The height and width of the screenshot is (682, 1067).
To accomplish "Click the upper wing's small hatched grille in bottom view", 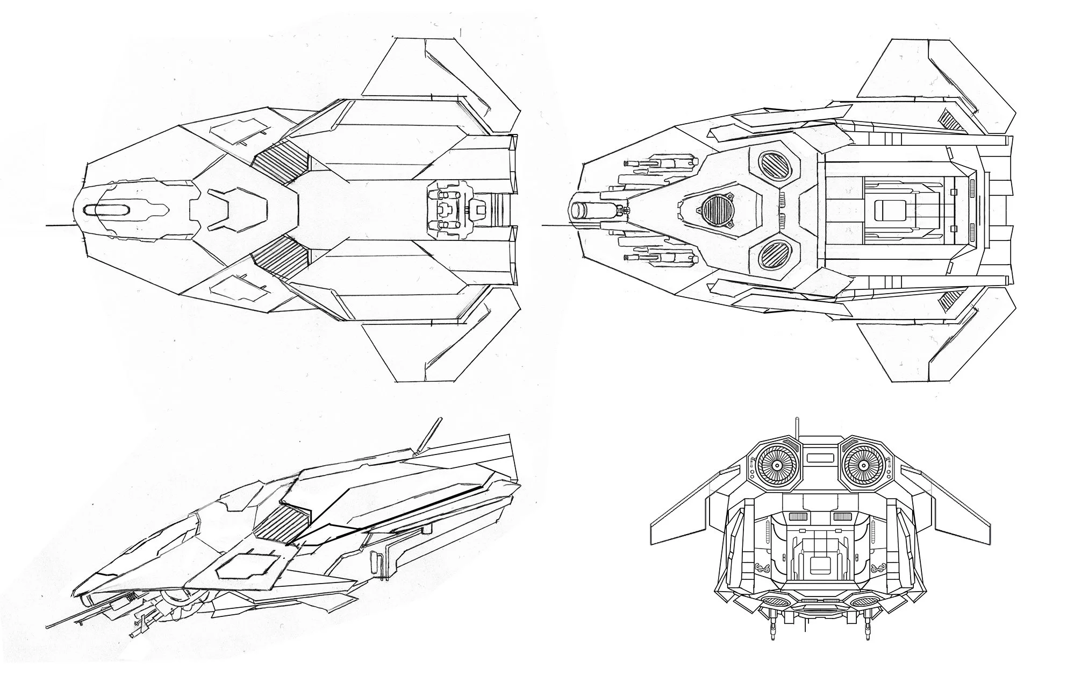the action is tap(947, 118).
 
